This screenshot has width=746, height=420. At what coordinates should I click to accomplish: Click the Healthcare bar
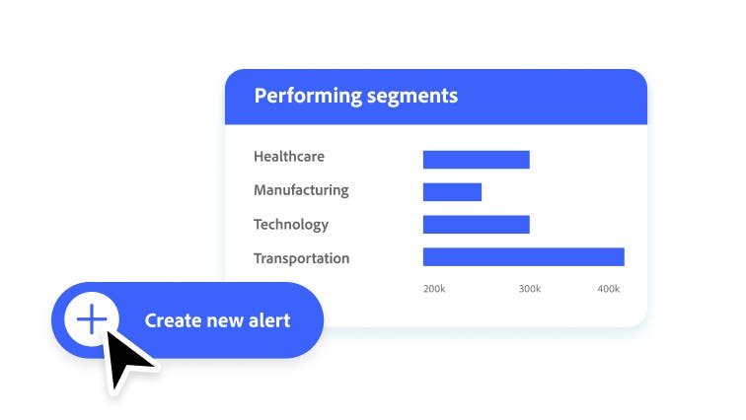point(476,159)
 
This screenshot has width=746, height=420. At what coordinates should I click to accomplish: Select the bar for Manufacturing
point(452,191)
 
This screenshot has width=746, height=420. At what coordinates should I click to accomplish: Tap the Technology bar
point(476,224)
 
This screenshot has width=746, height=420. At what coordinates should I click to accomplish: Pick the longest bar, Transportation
point(523,256)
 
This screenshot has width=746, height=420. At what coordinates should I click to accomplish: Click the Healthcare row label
point(288,157)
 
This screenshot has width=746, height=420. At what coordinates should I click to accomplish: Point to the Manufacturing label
point(301,190)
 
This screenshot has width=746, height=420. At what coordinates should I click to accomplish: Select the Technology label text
point(290,224)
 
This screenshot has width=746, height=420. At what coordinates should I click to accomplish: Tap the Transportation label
point(301,258)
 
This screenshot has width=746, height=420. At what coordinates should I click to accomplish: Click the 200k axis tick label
point(434,289)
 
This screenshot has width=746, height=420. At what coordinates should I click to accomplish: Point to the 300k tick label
point(530,289)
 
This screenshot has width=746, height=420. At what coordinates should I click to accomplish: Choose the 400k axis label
point(609,289)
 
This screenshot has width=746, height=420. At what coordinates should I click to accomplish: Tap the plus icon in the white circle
point(91,320)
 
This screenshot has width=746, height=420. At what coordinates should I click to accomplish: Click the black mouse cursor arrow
point(125,357)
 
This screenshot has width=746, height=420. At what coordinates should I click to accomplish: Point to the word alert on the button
point(268,320)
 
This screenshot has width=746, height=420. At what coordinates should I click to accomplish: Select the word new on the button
point(224,320)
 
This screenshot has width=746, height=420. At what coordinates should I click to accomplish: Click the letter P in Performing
point(261,96)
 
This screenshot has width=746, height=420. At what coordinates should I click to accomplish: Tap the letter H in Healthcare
point(259,157)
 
